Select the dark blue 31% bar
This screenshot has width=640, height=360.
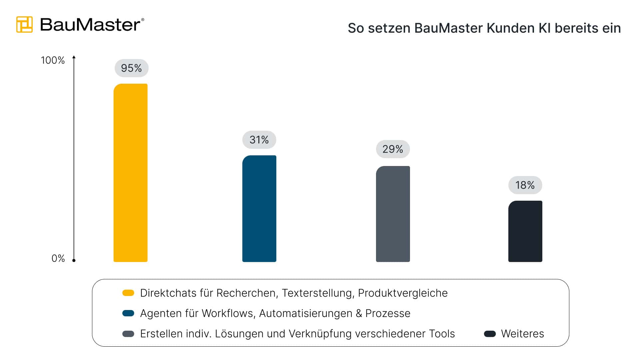259,209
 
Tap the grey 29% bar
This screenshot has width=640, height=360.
393,214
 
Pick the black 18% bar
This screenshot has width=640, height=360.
525,231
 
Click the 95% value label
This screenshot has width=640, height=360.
131,68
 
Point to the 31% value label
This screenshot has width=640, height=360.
259,140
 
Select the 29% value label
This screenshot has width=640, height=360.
393,149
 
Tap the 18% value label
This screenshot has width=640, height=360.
525,185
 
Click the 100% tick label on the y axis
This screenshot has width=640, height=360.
53,60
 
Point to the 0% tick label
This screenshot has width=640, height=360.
58,258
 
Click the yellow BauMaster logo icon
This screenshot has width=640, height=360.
24,24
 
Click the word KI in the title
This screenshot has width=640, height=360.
544,28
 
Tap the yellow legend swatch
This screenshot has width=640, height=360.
128,293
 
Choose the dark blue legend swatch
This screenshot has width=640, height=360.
128,313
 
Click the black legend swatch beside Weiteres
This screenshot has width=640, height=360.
490,334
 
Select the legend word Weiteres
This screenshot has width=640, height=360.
522,334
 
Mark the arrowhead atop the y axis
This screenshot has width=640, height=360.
74,57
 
